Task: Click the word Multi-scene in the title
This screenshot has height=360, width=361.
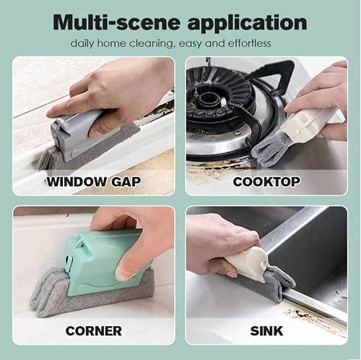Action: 116,22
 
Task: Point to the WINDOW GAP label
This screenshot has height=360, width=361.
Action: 93,181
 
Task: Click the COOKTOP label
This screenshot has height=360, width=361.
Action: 266,181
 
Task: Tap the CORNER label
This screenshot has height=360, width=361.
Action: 94,331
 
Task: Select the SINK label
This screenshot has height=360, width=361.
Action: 266,331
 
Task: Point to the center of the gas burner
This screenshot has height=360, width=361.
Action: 207,99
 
